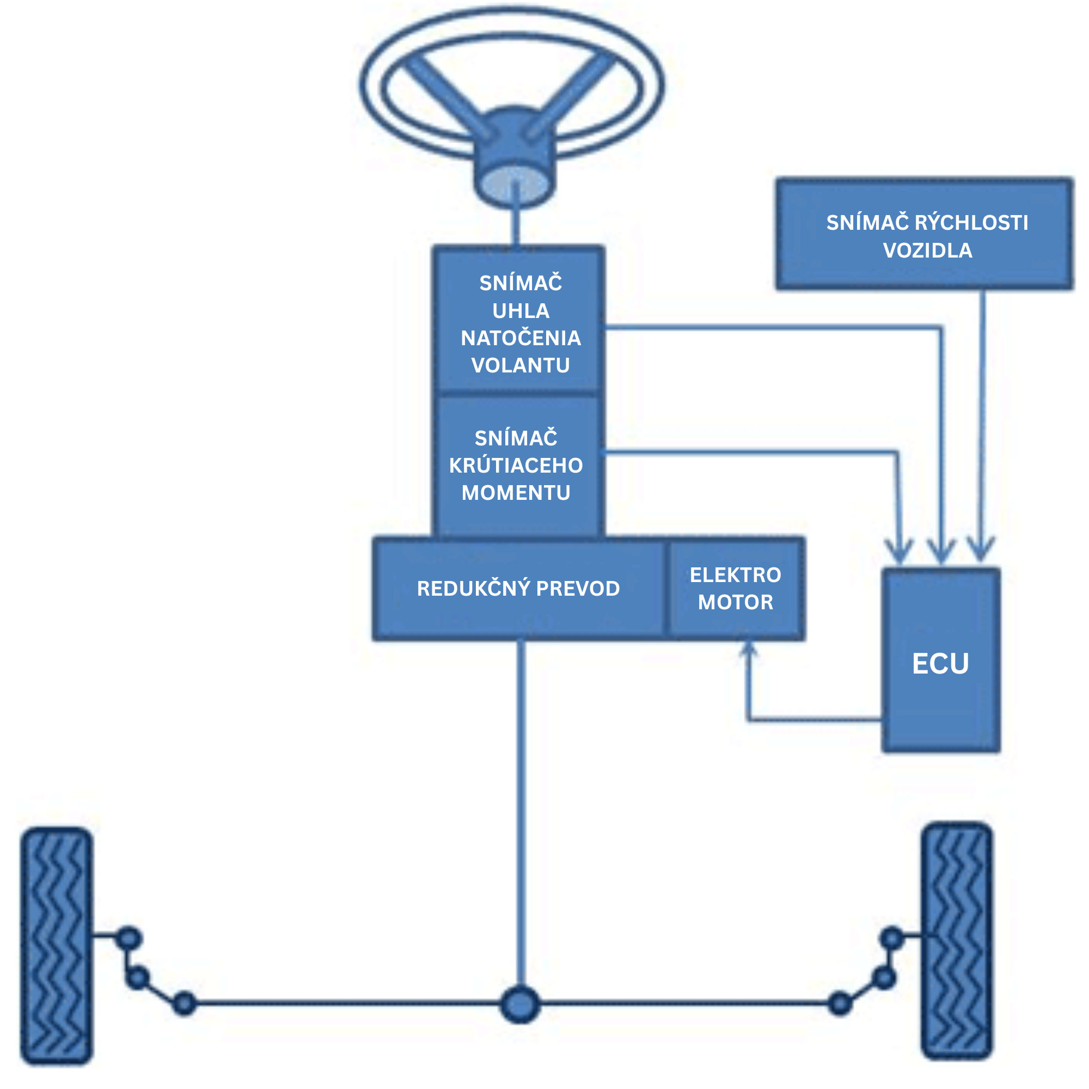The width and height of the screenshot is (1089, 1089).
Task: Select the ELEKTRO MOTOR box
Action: coord(735,589)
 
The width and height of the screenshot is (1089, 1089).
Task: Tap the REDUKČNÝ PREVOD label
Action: coord(518,589)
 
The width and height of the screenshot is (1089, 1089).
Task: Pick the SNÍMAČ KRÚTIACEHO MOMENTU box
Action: coord(516,466)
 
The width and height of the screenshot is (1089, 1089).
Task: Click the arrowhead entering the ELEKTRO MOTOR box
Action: coord(748,650)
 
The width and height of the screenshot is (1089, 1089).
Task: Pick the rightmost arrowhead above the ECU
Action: coord(981,549)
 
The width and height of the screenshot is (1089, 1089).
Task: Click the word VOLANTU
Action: coord(520,365)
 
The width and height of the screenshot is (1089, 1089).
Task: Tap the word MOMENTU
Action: coord(516,493)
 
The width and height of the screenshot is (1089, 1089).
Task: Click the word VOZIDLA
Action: coord(927,250)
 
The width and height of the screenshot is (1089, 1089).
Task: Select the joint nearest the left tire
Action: coord(129,939)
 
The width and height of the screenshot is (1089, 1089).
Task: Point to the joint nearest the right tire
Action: coord(892,939)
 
